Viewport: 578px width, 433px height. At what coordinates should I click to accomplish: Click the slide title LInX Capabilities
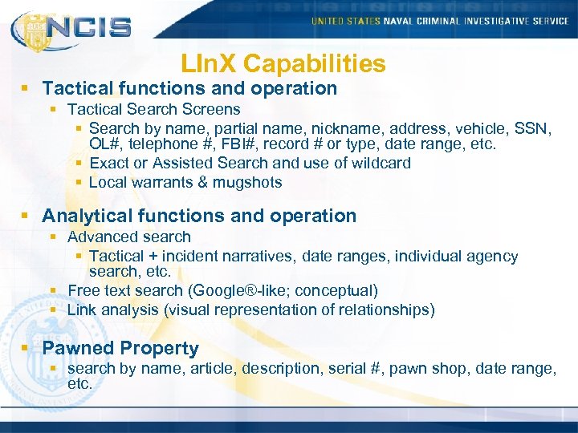[283, 63]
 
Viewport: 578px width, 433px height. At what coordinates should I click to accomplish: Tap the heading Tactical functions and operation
[189, 88]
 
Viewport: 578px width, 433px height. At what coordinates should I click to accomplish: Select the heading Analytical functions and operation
[199, 216]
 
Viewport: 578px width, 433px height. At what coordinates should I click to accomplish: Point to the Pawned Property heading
[120, 348]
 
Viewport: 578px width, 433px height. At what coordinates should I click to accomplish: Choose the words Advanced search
[129, 237]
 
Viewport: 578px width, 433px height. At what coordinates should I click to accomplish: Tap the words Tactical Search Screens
[154, 109]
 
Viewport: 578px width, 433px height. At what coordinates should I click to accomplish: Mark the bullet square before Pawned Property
[28, 349]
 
